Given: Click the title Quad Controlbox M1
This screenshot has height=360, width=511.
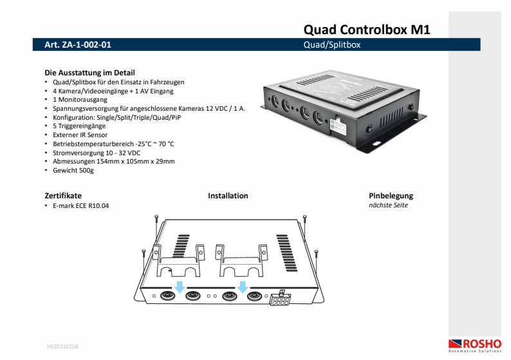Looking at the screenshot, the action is coord(366,29).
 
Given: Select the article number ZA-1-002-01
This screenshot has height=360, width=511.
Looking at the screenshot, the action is coord(78,45).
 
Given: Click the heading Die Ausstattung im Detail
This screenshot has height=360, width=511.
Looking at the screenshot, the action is coord(89,73).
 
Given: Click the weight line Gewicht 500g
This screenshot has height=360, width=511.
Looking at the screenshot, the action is coord(73,171).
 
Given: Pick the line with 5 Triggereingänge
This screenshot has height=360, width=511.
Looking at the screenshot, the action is coord(79,126).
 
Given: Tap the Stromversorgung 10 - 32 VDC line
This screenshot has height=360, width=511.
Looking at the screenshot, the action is coord(97,153).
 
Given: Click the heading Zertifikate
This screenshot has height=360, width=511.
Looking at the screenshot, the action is coord(63,196).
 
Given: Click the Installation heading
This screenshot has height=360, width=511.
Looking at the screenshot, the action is coord(228,196).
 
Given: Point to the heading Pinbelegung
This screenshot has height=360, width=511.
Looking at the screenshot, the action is coord(391,196).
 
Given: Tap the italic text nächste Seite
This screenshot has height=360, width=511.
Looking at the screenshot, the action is coord(388,205).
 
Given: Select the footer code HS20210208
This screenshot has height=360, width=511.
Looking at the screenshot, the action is coord(63,346).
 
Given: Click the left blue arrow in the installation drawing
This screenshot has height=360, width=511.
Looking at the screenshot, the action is coord(180,285).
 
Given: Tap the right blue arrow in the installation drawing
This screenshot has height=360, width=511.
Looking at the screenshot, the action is coord(243,285).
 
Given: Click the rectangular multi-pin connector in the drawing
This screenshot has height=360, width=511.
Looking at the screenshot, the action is coord(280,299).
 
